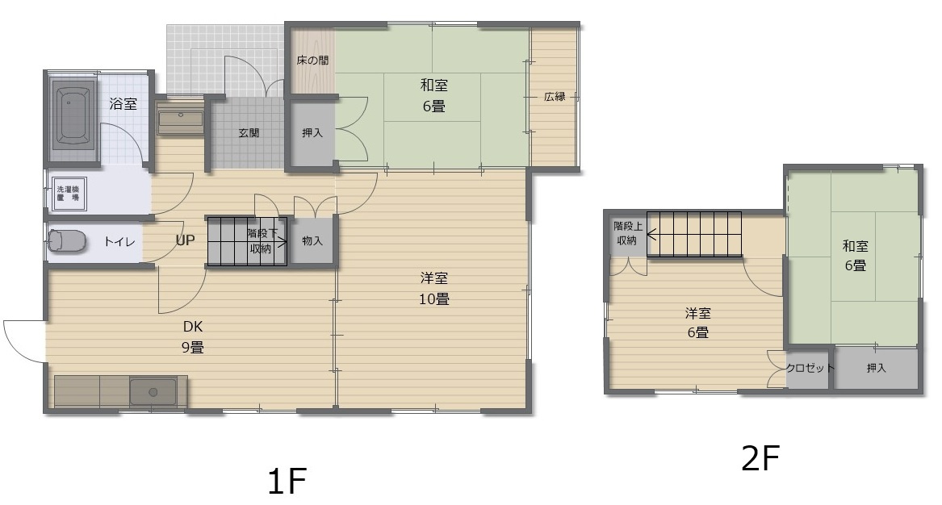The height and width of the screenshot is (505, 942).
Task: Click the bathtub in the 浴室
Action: pos(73,118)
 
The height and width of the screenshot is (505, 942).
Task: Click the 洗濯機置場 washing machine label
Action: pos(69,193)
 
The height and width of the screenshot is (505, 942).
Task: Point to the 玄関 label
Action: pos(249,134)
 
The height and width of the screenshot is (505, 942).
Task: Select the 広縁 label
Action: pos(554,97)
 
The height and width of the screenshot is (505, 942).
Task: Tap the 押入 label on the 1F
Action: pos(312,133)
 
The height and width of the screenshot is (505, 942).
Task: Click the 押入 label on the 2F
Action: pos(876,369)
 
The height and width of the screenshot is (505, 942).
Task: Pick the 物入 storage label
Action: pos(312,240)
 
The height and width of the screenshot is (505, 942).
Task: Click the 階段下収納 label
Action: pos(261,240)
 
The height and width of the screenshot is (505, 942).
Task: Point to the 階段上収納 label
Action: pos(627,233)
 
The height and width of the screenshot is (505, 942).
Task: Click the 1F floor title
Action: pos(287,482)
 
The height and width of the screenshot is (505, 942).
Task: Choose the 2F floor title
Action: pos(760,459)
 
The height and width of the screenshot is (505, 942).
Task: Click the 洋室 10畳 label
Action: pos(434,288)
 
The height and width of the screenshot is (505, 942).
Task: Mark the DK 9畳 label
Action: pos(192,337)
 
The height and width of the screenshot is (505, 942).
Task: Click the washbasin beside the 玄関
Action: pos(181,120)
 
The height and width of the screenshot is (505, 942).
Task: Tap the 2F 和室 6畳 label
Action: pos(855,255)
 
